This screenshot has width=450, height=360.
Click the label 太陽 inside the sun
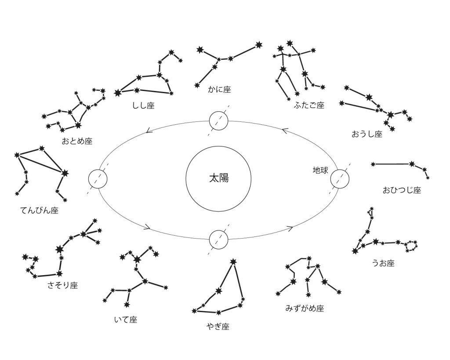click(218, 179)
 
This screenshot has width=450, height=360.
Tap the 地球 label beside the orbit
click(320, 170)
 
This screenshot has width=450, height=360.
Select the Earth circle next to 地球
click(339, 179)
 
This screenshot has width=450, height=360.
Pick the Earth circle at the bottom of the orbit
click(218, 239)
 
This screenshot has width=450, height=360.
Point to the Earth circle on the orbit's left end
click(98, 179)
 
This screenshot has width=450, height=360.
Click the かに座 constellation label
click(219, 90)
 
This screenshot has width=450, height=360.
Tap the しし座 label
click(143, 105)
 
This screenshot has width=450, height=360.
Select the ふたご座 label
click(309, 105)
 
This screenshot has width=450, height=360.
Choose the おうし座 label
click(367, 134)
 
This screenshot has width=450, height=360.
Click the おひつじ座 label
click(402, 190)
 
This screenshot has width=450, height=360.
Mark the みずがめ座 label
click(305, 309)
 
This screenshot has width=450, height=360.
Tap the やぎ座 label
click(218, 327)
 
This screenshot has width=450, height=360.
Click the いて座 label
click(125, 320)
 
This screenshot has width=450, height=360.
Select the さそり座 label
click(62, 286)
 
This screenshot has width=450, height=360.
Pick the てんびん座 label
click(39, 210)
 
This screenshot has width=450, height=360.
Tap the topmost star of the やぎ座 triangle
click(233, 262)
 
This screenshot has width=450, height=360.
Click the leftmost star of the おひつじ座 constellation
click(373, 164)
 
